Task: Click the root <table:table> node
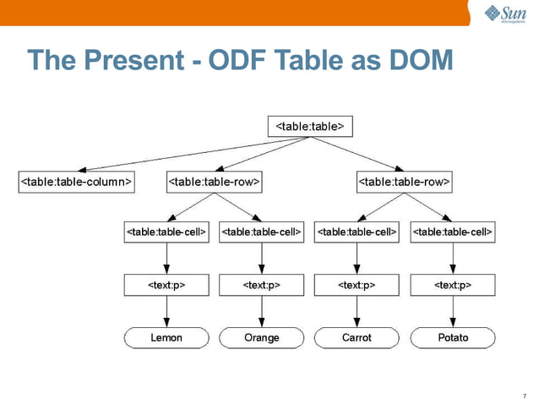(309, 126)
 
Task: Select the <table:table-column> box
(76, 181)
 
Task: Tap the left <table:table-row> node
(214, 181)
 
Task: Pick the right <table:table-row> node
(405, 181)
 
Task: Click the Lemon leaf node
(166, 338)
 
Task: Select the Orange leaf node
(261, 338)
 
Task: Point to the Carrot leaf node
(357, 338)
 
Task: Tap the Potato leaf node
(452, 338)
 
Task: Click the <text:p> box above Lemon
(166, 285)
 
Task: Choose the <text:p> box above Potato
(452, 285)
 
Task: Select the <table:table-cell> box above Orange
(261, 231)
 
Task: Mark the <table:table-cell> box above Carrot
(357, 231)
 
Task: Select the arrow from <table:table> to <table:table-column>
(186, 154)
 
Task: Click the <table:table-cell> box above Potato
(452, 231)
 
